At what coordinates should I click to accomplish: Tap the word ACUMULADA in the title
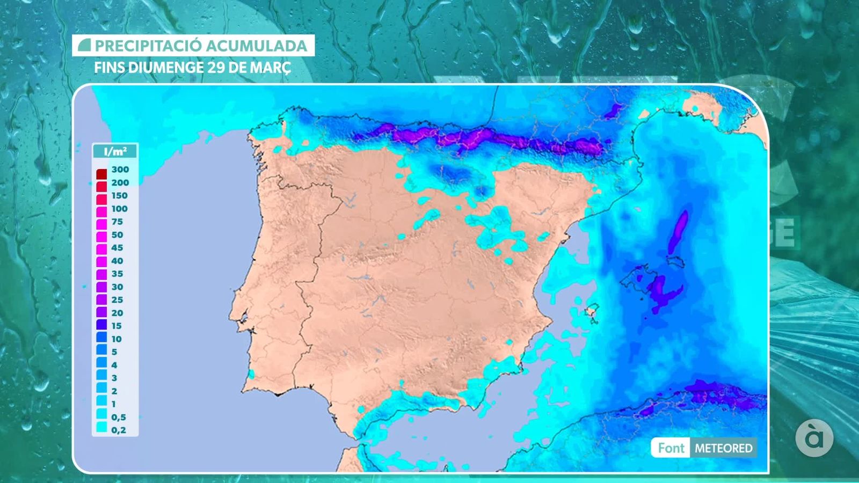(x=256, y=46)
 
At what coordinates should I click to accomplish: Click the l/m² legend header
(x=115, y=151)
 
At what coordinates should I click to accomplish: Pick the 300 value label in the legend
(x=120, y=170)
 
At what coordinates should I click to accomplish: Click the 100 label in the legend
(x=119, y=209)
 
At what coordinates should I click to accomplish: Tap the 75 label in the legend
(x=117, y=222)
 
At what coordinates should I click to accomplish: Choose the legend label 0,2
(x=119, y=430)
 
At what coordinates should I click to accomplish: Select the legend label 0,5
(x=119, y=417)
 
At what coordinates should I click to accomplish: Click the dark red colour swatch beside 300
(x=101, y=174)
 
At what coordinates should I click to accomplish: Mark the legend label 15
(x=117, y=326)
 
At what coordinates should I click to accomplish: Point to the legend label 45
(x=117, y=248)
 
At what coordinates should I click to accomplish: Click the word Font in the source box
(x=671, y=448)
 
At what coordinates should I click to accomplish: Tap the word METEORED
(x=724, y=448)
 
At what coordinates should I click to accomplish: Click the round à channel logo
(x=814, y=438)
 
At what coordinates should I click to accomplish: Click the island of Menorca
(x=676, y=262)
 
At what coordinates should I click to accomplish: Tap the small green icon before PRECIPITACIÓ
(x=84, y=46)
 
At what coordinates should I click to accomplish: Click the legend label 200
(x=120, y=182)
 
